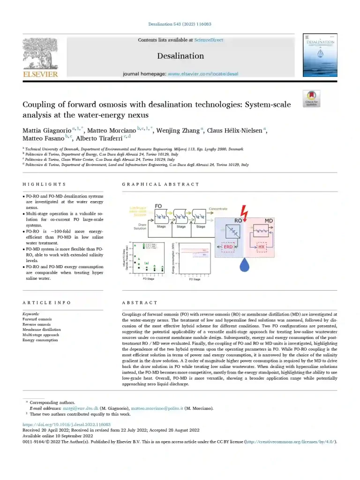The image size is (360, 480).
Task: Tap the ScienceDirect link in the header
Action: point(209,40)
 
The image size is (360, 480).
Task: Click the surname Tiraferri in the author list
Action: point(108,138)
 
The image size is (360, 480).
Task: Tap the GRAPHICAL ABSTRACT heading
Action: point(160,184)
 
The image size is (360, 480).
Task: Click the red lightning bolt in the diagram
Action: point(243,210)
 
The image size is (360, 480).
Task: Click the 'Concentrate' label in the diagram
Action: point(218,209)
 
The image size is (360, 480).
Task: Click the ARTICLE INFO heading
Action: point(46,303)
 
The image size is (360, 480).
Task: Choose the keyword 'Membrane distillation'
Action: point(41,330)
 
